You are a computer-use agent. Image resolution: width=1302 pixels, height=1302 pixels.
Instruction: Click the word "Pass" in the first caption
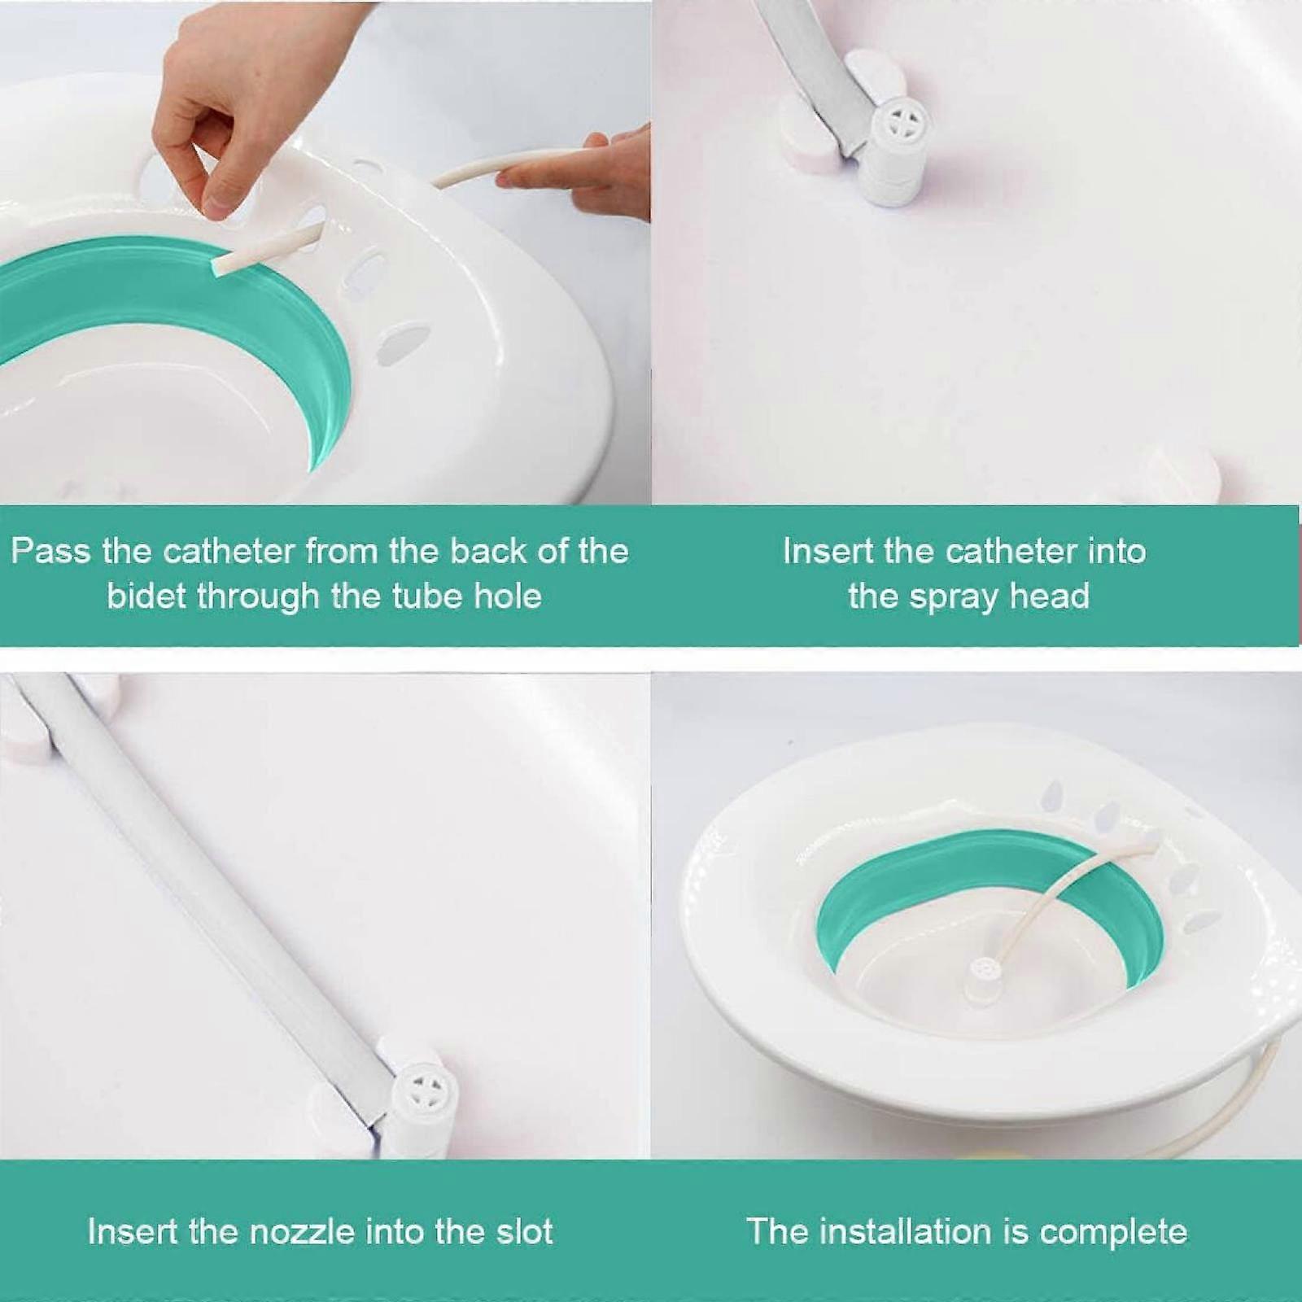point(50,553)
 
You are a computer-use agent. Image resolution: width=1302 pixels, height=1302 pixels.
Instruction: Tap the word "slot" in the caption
point(525,1231)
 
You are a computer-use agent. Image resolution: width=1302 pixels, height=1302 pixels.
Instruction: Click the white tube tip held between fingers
point(224,264)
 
